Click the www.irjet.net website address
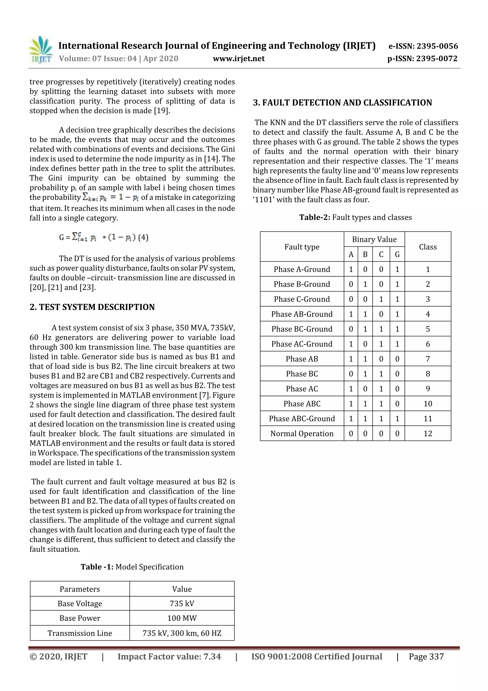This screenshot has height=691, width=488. [x=239, y=58]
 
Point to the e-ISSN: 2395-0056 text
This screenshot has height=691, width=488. [x=423, y=46]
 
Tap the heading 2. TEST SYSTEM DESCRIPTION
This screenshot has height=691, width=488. [x=92, y=307]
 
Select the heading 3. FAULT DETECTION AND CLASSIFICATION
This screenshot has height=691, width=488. [x=342, y=103]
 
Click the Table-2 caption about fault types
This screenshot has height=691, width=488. [x=356, y=217]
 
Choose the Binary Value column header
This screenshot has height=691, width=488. [x=374, y=239]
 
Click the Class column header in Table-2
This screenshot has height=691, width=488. [x=427, y=247]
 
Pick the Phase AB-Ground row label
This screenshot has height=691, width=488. [x=302, y=314]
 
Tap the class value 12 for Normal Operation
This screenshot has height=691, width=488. [x=427, y=433]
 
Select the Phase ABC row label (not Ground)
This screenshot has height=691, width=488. [x=302, y=404]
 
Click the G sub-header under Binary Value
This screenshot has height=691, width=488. [x=397, y=255]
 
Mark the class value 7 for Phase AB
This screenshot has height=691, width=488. [x=427, y=359]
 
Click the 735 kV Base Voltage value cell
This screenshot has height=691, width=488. [x=182, y=603]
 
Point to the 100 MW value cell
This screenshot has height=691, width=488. [x=182, y=618]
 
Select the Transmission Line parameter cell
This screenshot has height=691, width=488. [x=80, y=633]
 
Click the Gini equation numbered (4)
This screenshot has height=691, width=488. [x=103, y=238]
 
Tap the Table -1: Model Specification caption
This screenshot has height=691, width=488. [x=132, y=567]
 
